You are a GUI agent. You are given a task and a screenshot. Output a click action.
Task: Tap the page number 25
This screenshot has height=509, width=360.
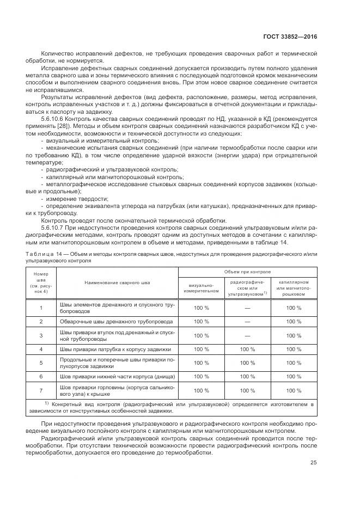tap(313, 463)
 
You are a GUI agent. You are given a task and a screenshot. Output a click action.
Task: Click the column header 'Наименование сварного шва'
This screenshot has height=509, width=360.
tap(117, 283)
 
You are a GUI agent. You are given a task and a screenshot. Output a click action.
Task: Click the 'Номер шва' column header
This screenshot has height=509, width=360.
tap(41, 283)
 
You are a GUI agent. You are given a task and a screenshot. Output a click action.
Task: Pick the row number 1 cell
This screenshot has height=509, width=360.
tap(41, 308)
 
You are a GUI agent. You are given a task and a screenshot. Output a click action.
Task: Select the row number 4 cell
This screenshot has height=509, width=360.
tap(41, 349)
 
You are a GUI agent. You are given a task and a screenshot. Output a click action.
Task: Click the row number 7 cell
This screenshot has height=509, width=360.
tap(41, 390)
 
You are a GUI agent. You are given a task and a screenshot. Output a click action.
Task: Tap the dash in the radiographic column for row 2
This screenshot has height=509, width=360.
tap(247, 322)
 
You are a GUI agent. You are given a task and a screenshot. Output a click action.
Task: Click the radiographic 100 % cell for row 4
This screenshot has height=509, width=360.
tap(247, 349)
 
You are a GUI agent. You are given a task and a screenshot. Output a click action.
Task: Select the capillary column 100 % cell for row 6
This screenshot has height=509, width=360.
tap(294, 376)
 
